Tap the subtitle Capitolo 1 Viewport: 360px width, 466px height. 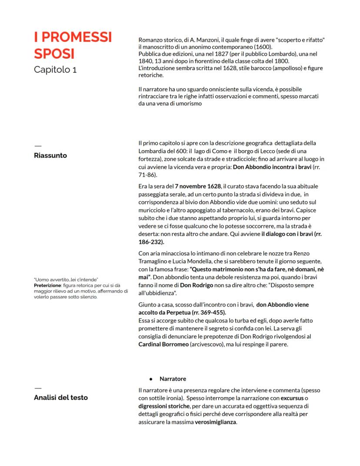tap(55, 69)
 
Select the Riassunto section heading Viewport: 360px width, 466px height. tap(50, 155)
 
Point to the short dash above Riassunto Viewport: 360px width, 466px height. tap(37, 145)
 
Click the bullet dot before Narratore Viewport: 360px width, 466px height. tap(150, 379)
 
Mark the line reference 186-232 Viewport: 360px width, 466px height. tap(150, 242)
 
